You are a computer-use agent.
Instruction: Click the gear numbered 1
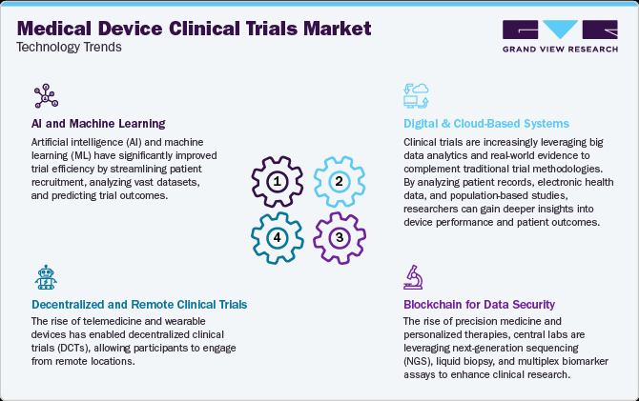(278, 181)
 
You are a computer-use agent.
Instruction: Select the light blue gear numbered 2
(336, 181)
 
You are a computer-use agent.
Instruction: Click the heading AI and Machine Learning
(98, 123)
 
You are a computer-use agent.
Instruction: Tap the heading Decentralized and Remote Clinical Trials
(140, 304)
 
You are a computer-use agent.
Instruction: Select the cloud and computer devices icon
(417, 95)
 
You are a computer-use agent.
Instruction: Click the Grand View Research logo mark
(552, 30)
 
